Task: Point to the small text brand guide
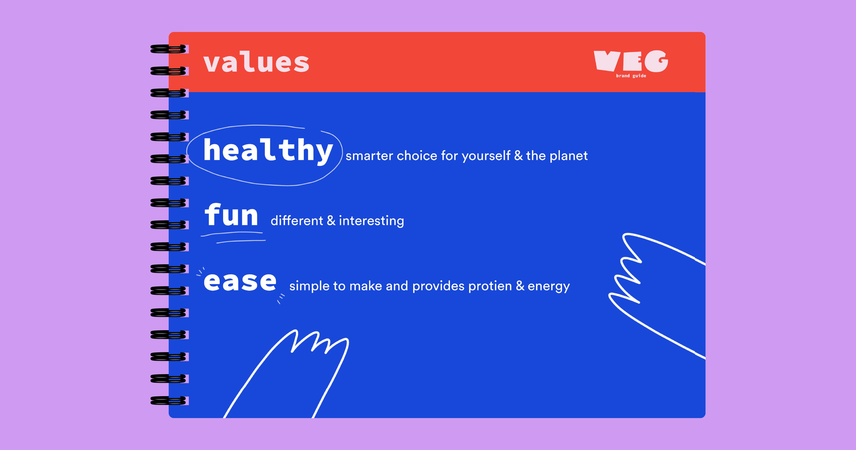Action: (631, 76)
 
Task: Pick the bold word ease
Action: (240, 282)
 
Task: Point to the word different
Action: (297, 220)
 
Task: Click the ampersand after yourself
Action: (518, 156)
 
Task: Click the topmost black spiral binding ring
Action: (168, 49)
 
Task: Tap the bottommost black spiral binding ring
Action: (168, 400)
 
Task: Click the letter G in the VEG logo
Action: (656, 61)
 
